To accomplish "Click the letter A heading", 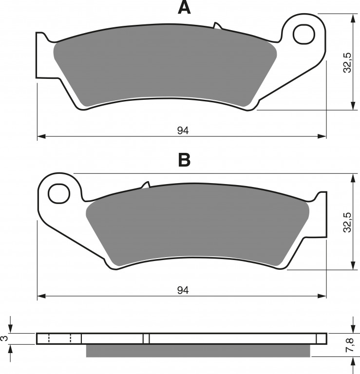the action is [184, 7].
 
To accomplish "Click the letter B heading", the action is [184, 160].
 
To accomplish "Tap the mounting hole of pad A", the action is [303, 35].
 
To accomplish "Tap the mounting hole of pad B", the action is [59, 193].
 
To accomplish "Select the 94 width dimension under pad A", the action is [183, 131].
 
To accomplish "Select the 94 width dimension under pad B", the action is [183, 290].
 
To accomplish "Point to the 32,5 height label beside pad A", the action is [347, 62].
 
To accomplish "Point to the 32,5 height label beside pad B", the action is [347, 222].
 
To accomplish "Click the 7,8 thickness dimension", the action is [350, 345].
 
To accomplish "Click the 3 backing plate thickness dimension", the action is [5, 338].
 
